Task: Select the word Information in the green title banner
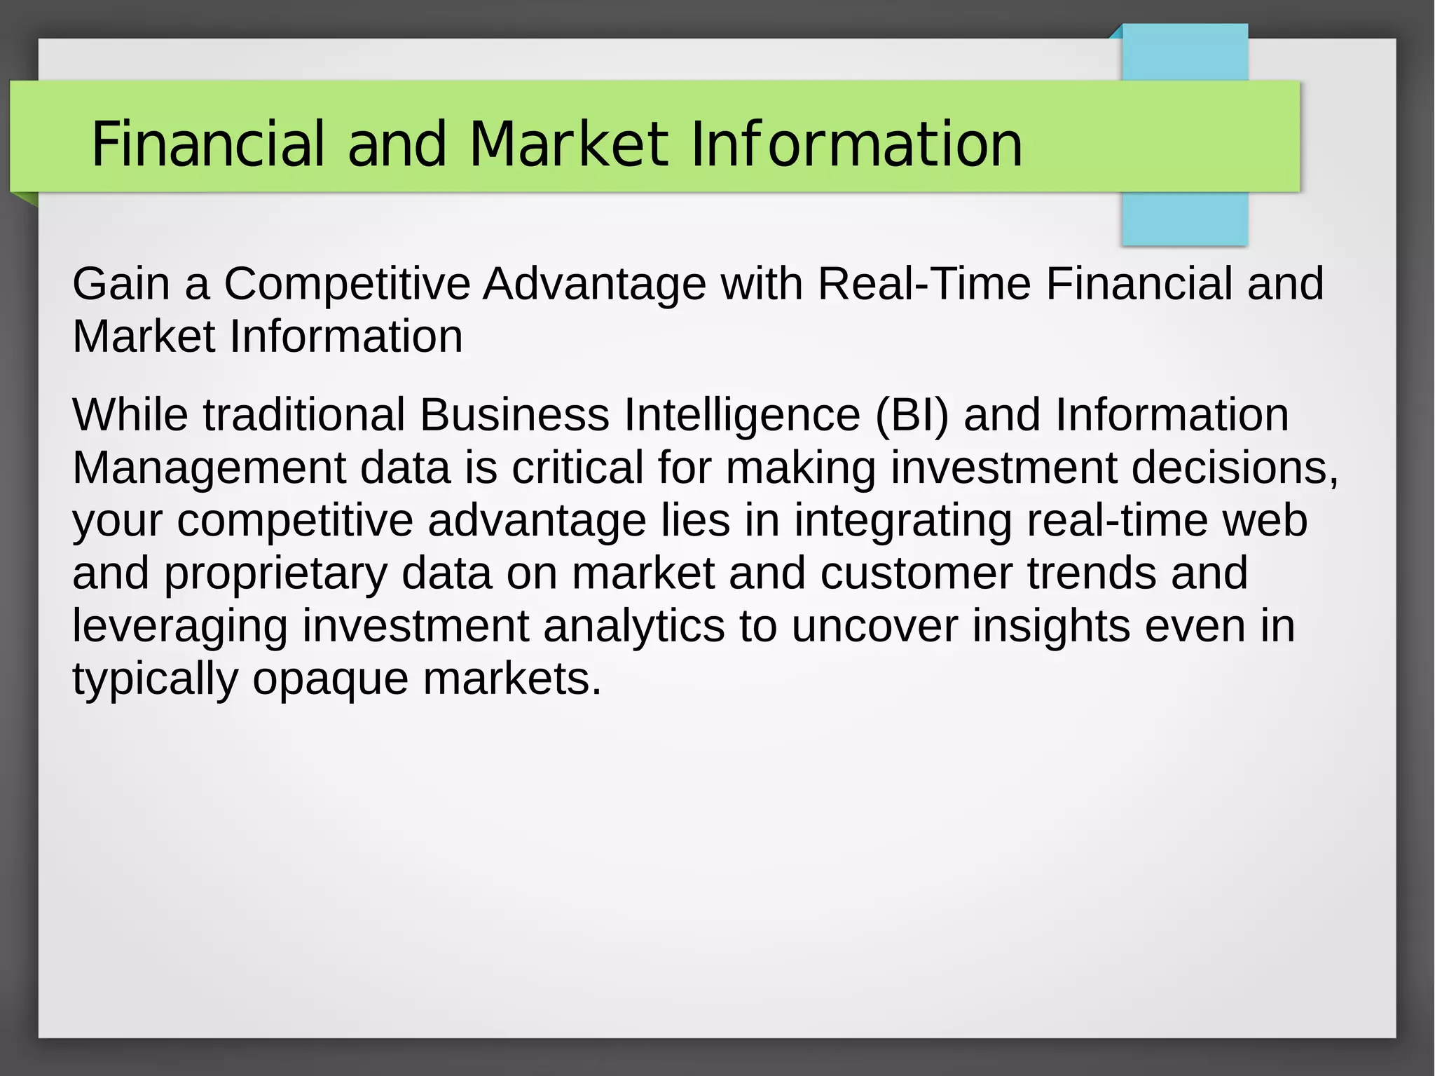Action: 856,144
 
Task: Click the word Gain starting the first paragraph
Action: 121,284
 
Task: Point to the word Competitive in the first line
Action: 347,284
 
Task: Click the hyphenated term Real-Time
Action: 924,284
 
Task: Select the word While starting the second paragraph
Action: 130,415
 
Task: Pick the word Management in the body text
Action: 209,468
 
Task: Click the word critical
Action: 577,468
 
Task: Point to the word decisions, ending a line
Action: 1235,468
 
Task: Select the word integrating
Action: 902,522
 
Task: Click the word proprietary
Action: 275,574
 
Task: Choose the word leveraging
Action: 180,627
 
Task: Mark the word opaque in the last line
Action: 330,679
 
